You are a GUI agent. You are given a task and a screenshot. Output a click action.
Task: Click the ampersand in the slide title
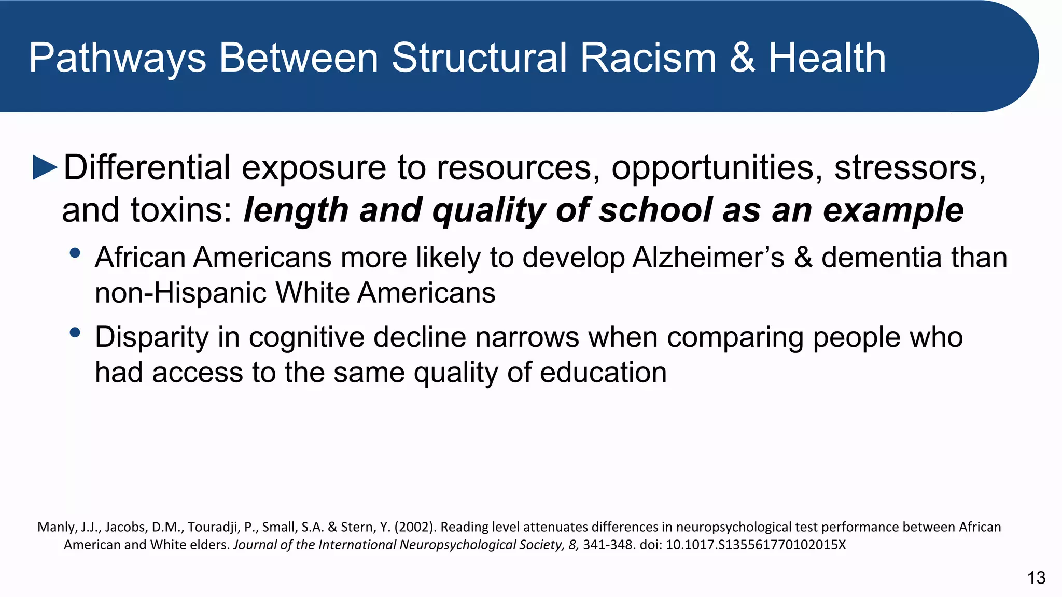click(743, 58)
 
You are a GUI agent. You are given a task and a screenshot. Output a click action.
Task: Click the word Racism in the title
click(648, 58)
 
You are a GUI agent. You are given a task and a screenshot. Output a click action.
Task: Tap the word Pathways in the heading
click(118, 59)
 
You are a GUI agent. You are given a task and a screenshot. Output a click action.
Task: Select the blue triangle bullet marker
click(45, 167)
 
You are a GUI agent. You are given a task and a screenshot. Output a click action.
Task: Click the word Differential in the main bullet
click(147, 167)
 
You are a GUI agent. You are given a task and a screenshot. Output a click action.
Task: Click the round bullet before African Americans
click(75, 253)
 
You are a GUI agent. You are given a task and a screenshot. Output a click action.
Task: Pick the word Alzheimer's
click(708, 257)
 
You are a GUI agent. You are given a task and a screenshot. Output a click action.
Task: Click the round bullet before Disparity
click(75, 333)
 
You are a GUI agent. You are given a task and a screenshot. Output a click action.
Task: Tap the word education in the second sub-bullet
click(603, 373)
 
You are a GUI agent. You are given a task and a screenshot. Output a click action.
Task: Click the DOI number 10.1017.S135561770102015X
click(756, 545)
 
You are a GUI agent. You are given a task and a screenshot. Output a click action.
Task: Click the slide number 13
click(1036, 578)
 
